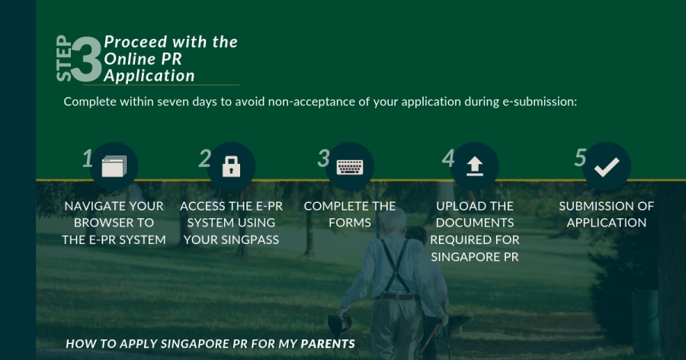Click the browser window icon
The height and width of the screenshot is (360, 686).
tap(114, 166)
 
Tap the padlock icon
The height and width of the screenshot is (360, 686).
tap(231, 166)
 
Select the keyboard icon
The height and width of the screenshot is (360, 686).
tap(350, 167)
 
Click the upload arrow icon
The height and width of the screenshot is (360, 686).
tap(475, 166)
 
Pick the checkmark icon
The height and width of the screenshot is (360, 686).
tap(607, 167)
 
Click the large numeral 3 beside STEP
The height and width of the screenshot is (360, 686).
tap(86, 59)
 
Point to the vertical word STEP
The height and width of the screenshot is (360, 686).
tap(64, 58)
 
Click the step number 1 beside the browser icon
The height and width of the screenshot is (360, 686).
tap(88, 158)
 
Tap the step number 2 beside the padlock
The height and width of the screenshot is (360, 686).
tap(205, 158)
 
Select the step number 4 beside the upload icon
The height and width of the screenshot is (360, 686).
tap(448, 158)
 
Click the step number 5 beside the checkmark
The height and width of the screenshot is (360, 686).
tap(580, 157)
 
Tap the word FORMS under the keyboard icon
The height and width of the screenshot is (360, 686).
tap(350, 223)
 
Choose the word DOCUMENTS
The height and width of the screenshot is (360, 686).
tap(475, 223)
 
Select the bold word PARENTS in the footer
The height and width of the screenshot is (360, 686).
tap(328, 344)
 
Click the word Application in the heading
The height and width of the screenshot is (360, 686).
tap(149, 76)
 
